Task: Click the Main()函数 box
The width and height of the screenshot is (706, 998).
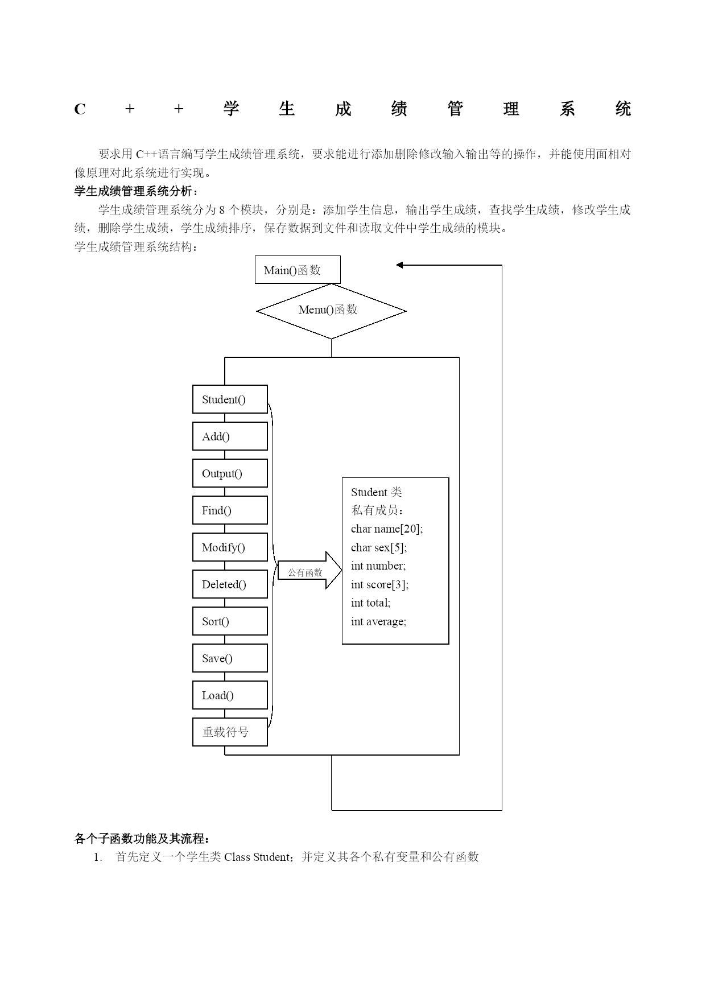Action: (298, 270)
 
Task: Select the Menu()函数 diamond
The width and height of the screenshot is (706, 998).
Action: (331, 311)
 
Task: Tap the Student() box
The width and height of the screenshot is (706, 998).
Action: (230, 399)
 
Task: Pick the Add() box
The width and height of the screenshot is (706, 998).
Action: (230, 436)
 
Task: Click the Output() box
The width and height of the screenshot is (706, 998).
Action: (230, 473)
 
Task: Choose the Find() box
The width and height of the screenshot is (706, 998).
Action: (230, 510)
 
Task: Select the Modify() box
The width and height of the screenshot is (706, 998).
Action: (230, 547)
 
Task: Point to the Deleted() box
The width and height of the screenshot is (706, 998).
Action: (230, 584)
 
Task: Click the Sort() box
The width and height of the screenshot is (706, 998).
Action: (230, 621)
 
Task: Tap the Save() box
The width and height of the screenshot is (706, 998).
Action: (230, 658)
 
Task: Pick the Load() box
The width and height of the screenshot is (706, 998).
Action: (230, 695)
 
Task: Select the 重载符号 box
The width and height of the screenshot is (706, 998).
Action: (230, 732)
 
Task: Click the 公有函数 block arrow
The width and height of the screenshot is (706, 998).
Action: (309, 570)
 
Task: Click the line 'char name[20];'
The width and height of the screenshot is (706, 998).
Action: (387, 529)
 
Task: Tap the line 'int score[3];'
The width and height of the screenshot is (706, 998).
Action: (379, 584)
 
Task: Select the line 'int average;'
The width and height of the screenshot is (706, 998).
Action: (378, 621)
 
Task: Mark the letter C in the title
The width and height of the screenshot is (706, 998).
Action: (80, 109)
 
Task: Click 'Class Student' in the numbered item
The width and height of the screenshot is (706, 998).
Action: (257, 857)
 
